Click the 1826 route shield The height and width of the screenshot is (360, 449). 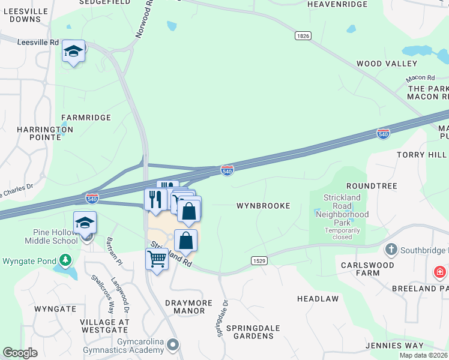pyautogui.click(x=303, y=36)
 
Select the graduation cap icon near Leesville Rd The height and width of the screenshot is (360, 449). pyautogui.click(x=73, y=52)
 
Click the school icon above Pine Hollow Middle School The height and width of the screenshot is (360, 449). pyautogui.click(x=85, y=223)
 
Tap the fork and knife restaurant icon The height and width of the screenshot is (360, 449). pyautogui.click(x=155, y=199)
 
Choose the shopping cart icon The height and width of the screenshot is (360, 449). pyautogui.click(x=157, y=259)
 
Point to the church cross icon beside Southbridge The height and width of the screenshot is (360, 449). pyautogui.click(x=391, y=249)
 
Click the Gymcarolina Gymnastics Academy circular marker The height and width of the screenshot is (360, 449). pyautogui.click(x=173, y=344)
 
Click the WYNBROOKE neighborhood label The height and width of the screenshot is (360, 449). pyautogui.click(x=263, y=206)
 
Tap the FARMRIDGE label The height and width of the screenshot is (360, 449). pyautogui.click(x=86, y=118)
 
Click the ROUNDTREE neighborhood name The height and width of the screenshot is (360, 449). pyautogui.click(x=372, y=186)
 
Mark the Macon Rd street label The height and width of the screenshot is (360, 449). pyautogui.click(x=420, y=78)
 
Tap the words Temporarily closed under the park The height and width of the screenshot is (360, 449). pyautogui.click(x=343, y=233)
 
